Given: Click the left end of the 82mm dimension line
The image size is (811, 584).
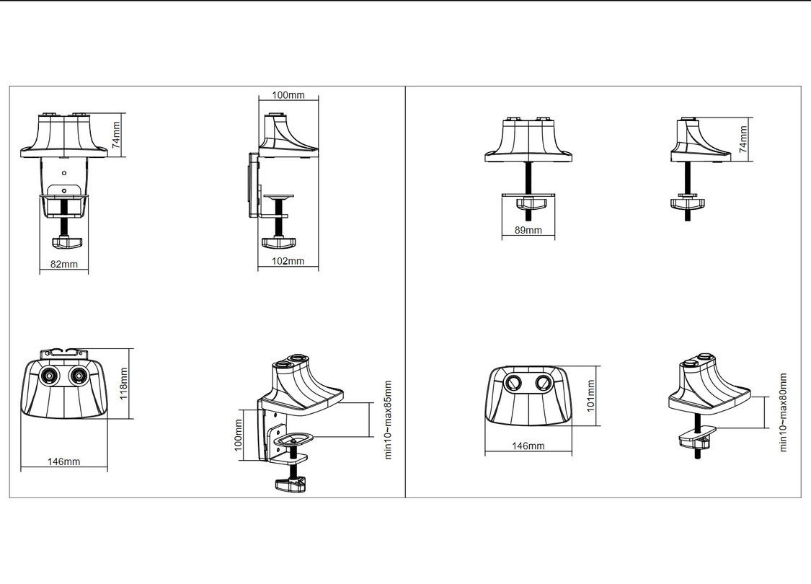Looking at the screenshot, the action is [x=40, y=270].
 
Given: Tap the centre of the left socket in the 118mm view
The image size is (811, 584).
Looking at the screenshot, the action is [x=50, y=376].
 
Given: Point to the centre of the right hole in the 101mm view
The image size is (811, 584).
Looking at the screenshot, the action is [x=542, y=383].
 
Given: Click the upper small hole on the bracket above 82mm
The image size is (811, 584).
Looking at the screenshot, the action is [x=64, y=173].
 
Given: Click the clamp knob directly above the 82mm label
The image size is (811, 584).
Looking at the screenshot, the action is [x=63, y=242].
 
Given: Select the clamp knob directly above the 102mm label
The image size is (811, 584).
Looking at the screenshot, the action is [x=278, y=242].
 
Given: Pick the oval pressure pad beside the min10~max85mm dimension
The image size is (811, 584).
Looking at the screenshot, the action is [x=293, y=440].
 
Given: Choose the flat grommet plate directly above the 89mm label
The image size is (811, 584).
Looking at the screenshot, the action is [x=528, y=195].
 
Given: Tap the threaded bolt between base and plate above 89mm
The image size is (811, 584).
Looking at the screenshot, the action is [x=528, y=177].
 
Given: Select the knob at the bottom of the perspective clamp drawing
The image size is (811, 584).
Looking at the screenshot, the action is [x=291, y=485].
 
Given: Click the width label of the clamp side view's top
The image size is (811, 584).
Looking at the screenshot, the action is [x=288, y=95].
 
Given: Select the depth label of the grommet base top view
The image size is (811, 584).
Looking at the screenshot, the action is [x=590, y=396].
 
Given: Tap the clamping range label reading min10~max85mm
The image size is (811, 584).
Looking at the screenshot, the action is [x=388, y=420].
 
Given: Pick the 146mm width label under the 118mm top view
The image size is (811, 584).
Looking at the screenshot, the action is [x=63, y=461].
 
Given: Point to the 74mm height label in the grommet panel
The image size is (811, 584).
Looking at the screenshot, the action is [x=743, y=138].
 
